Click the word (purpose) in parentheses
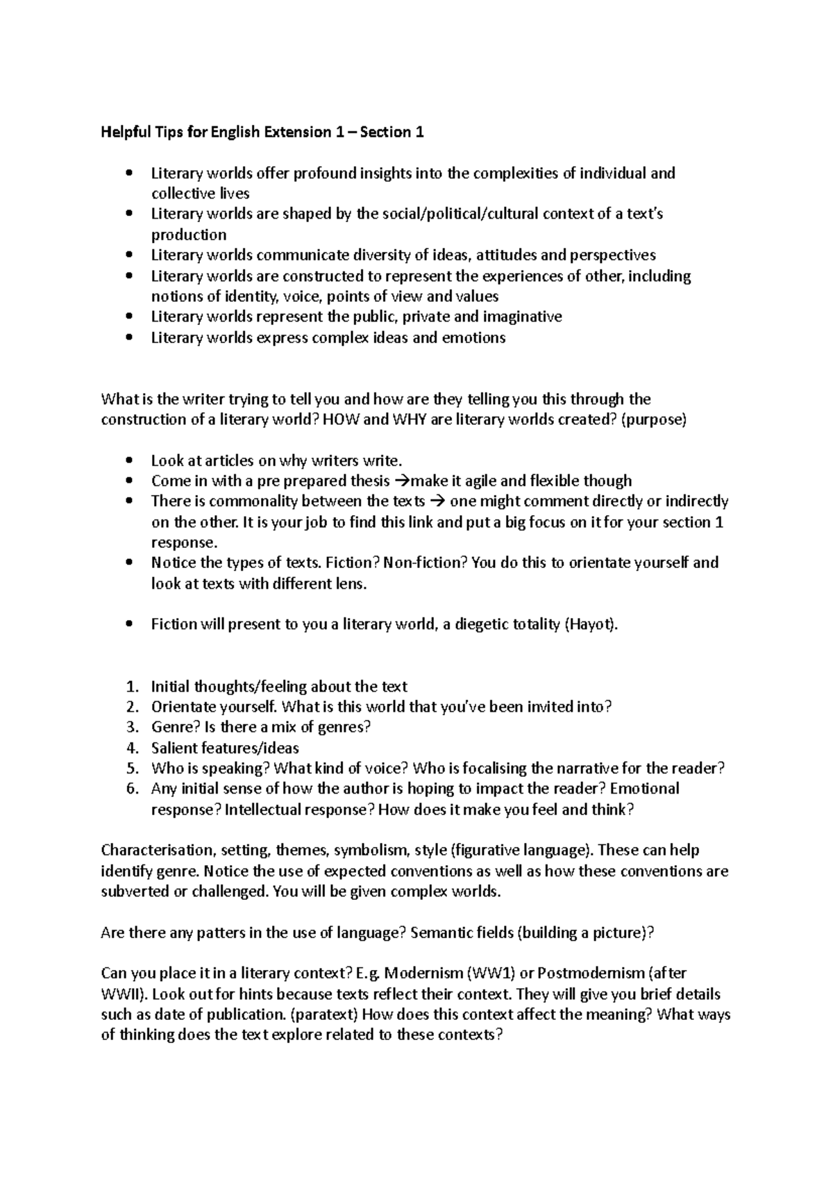(653, 420)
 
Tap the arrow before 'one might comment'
(437, 501)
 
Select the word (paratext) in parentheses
(324, 1014)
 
